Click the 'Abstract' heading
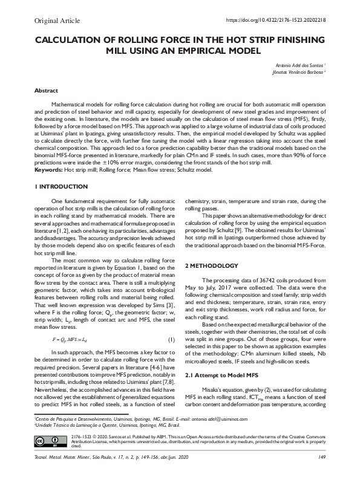pos(46,90)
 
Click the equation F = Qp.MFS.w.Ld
pos(72,340)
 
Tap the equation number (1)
pos(171,340)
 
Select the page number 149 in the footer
pos(321,465)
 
